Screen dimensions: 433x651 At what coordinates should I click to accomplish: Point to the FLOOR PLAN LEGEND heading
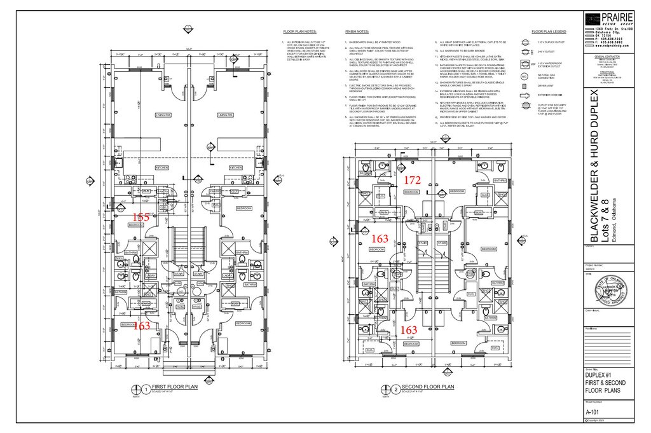click(x=549, y=31)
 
